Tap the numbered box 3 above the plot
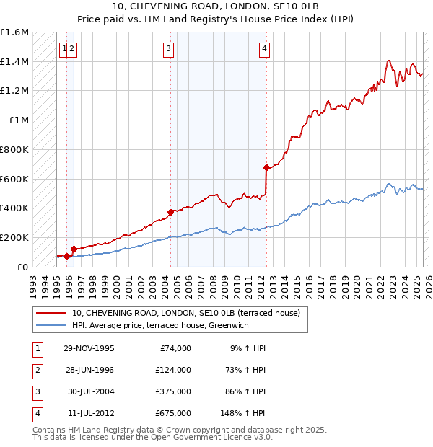coord(168,49)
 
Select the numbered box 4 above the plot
coord(265,49)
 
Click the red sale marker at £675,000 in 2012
coord(266,167)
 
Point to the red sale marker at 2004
coord(171,212)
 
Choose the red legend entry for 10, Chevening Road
coord(190,313)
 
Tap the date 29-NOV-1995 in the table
coord(89,348)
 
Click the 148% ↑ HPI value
coord(242,413)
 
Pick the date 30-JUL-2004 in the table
coord(89,391)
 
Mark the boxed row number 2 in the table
coord(36,370)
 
